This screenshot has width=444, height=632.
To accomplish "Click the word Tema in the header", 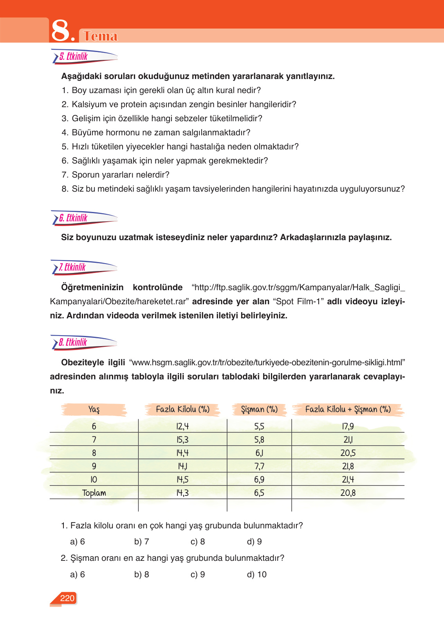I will pos(101,36).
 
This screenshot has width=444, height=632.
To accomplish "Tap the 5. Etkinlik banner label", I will pos(74,57).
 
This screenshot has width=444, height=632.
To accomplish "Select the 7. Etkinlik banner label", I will pos(72,268).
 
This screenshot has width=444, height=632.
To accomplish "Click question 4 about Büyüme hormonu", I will pos(156,133).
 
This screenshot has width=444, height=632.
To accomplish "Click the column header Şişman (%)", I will pos(259,409).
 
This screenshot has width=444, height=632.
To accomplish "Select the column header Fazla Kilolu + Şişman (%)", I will pos(348,409).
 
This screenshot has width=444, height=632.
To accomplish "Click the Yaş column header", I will pos(94,409).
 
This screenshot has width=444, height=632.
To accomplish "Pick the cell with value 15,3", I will pos(182,440).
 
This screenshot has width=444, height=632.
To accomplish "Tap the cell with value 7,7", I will pos(259,466).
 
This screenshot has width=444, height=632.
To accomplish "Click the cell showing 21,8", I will pos(348,466).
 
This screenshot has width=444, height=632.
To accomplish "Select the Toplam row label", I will pos(94,493).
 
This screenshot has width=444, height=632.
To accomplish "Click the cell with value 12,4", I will pos(182,426).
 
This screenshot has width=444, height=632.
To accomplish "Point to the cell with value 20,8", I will pos(348,493).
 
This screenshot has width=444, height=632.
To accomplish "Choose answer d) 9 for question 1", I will pos(254,542).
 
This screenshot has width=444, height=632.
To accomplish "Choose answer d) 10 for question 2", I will pos(257,575).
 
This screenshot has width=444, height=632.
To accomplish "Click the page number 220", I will pos(67,598).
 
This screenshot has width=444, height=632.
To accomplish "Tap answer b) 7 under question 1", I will pos(141,542).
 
